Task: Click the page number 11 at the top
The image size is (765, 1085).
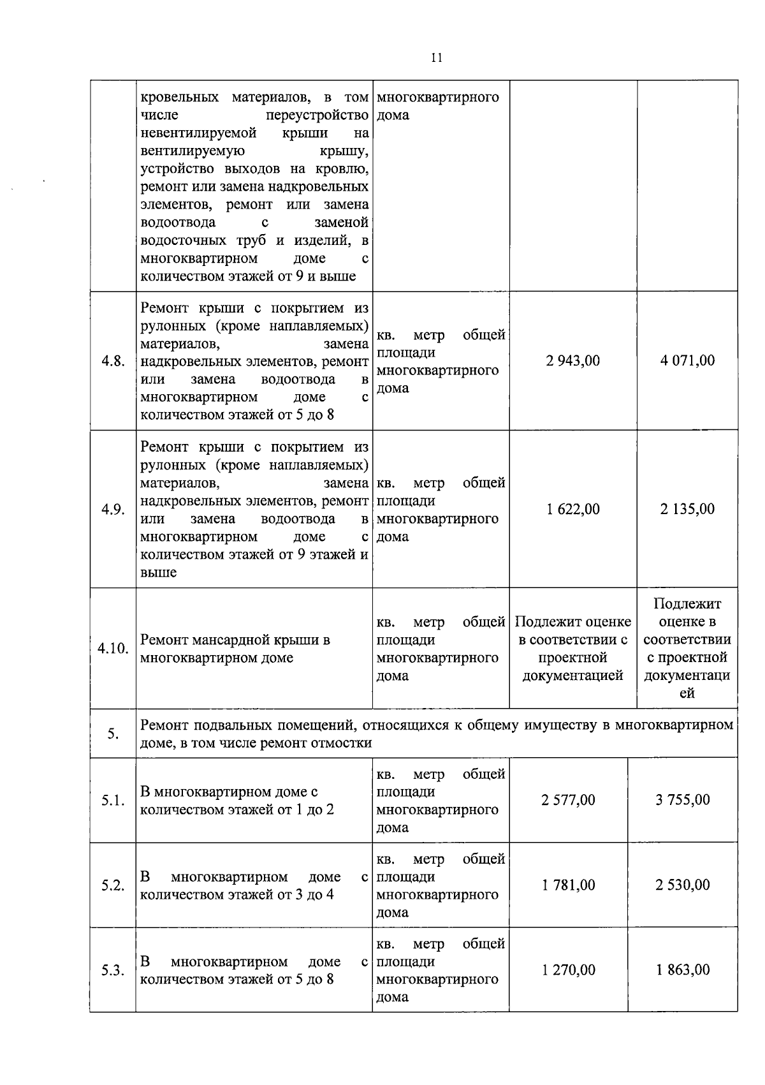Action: [437, 57]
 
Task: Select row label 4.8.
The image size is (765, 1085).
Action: [113, 361]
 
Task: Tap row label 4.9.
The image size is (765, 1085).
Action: [113, 510]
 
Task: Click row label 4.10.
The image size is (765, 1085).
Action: [113, 649]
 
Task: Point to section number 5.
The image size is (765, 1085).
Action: [113, 734]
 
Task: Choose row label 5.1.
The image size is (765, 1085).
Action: [113, 801]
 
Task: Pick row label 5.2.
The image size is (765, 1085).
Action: [113, 885]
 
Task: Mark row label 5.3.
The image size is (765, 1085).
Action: [113, 970]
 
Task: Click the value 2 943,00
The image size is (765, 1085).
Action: [572, 360]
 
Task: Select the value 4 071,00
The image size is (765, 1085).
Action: [687, 360]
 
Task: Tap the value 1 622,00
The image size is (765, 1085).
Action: [572, 509]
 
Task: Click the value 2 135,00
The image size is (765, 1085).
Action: [687, 509]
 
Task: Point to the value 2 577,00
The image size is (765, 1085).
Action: [568, 800]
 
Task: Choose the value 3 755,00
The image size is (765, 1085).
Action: [683, 800]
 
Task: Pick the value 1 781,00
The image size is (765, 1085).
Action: [568, 885]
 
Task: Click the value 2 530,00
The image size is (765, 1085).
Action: [683, 885]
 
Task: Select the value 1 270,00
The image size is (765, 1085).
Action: [568, 970]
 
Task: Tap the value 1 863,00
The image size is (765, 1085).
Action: [683, 970]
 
